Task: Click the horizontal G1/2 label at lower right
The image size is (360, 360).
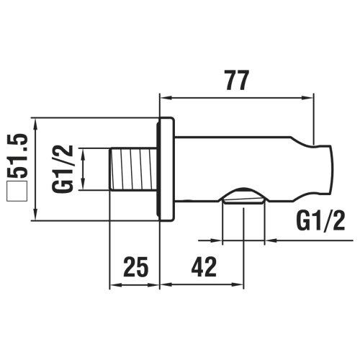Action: click(x=320, y=221)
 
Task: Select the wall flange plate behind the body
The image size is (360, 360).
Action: click(x=166, y=170)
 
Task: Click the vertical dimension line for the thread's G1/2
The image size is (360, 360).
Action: click(x=84, y=170)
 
